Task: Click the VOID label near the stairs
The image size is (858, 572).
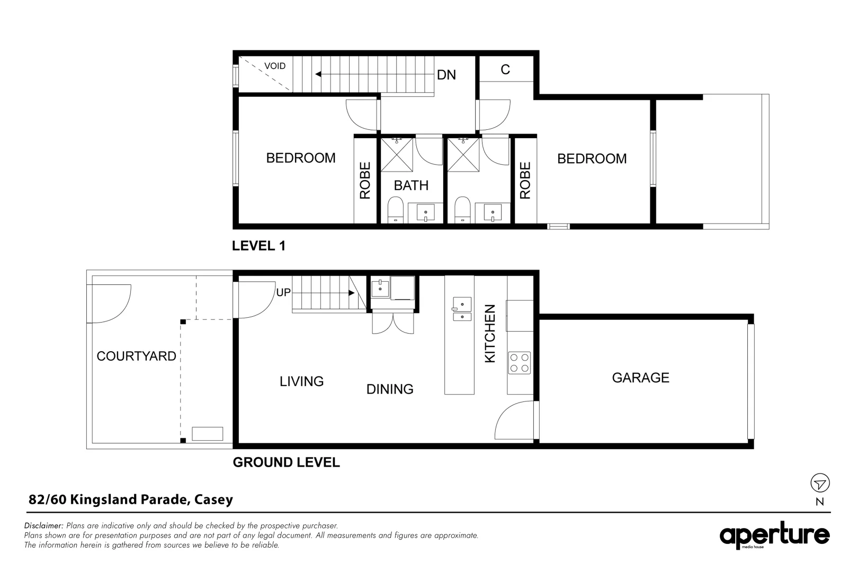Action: click(275, 66)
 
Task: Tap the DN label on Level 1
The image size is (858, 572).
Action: click(446, 75)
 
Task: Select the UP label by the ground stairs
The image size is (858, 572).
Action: click(283, 292)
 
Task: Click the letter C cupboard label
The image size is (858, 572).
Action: click(505, 70)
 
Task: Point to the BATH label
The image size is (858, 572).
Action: click(411, 186)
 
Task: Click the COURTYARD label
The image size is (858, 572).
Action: click(136, 356)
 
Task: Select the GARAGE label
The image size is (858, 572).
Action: click(640, 378)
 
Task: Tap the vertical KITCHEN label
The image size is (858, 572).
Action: click(490, 334)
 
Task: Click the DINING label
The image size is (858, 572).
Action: click(390, 389)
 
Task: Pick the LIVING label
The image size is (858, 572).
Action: click(301, 381)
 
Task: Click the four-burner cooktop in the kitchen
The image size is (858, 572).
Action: click(519, 363)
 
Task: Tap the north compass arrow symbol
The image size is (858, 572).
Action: click(820, 483)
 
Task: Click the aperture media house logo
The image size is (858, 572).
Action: click(774, 536)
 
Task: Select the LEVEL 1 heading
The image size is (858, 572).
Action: click(259, 246)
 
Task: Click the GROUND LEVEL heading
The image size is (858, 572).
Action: click(286, 462)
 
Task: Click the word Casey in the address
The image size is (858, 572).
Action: click(213, 499)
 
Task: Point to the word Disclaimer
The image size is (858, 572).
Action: click(44, 526)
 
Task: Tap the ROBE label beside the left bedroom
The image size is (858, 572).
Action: click(365, 181)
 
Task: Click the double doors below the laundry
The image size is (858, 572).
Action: click(392, 323)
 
